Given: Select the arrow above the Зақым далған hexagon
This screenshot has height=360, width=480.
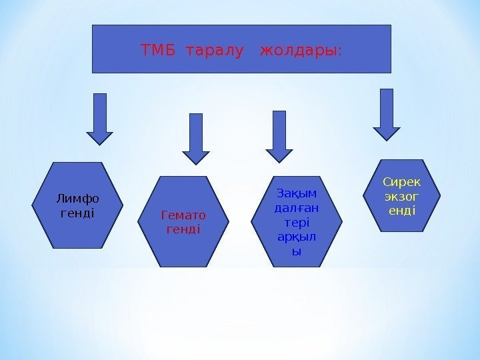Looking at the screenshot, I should (280, 136).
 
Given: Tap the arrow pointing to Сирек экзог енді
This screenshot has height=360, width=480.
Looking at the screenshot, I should (387, 114).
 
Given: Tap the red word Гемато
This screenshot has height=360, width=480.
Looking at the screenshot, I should (184, 215).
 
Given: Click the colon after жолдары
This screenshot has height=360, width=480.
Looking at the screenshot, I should (341, 51).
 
